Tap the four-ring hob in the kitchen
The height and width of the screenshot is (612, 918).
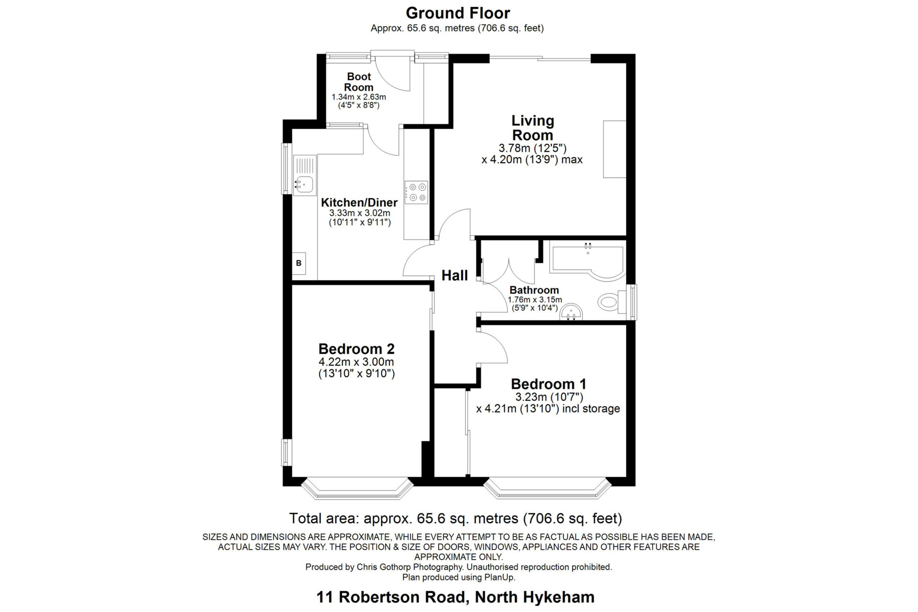(416, 192)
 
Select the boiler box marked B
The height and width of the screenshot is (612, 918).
(299, 264)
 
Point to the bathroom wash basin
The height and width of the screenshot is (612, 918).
(572, 312)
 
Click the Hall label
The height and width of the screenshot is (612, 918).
(455, 275)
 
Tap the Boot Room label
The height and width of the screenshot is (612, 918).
(359, 82)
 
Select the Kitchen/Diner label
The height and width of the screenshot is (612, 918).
(359, 203)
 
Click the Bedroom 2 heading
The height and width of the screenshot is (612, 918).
(357, 349)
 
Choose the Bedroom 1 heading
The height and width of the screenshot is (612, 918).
(549, 384)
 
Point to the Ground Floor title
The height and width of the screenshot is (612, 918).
(458, 13)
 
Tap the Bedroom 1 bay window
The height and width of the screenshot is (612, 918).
(547, 488)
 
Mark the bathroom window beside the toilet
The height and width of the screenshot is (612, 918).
(632, 302)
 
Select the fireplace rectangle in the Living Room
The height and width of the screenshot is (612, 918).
(615, 149)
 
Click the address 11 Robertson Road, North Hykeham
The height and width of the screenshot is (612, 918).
(456, 597)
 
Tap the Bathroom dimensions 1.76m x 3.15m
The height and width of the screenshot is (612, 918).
(535, 300)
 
